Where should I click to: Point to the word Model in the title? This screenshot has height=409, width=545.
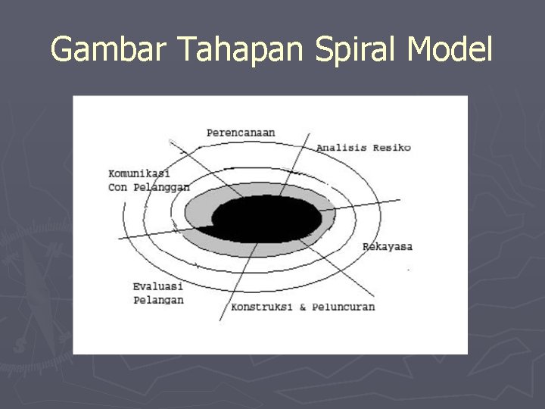(450, 51)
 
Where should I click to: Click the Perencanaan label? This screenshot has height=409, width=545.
(241, 133)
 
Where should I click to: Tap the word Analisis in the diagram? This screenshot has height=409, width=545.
(341, 148)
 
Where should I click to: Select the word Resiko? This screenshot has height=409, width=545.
(391, 148)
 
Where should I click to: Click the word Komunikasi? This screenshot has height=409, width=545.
(139, 173)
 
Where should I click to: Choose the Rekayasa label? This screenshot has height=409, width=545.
(388, 246)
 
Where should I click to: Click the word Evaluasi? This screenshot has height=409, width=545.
(157, 287)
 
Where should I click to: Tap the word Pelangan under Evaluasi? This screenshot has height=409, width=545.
(157, 300)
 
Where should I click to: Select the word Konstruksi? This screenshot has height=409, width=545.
(263, 307)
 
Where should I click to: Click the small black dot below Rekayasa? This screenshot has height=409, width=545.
(409, 269)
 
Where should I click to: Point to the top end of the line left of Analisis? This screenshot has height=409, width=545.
(310, 135)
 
